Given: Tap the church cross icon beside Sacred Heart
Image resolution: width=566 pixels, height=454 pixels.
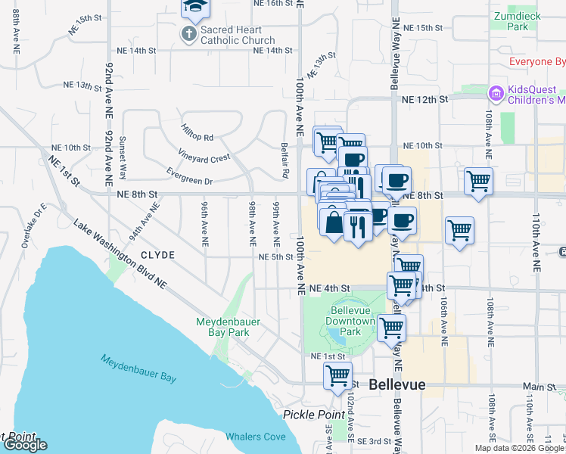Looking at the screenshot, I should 189,33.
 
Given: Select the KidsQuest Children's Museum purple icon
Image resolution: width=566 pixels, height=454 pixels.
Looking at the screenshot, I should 496,93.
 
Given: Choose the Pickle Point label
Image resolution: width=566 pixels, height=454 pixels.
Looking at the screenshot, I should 307,414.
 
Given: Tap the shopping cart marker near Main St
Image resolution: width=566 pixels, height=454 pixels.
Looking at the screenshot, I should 337,375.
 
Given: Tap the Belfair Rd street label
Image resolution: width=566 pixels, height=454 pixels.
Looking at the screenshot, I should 285,161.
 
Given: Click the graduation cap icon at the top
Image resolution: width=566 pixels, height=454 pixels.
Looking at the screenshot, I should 195,7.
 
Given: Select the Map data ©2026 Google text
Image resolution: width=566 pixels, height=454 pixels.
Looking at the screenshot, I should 519,448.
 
